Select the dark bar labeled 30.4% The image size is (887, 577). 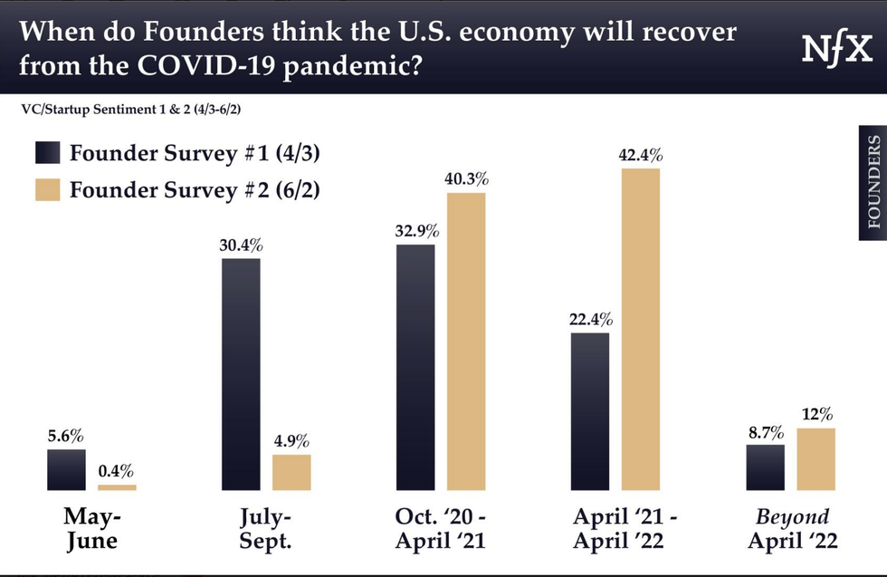click(x=240, y=374)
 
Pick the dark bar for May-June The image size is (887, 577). click(x=66, y=469)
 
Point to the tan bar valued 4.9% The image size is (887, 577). click(x=291, y=472)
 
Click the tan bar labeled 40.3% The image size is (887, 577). click(x=466, y=341)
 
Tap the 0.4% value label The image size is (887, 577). click(x=117, y=471)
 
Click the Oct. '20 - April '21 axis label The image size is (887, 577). click(x=440, y=529)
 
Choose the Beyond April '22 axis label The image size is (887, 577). click(x=792, y=529)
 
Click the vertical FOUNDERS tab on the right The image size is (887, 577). click(x=873, y=182)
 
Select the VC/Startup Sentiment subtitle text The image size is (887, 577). click(x=135, y=110)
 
